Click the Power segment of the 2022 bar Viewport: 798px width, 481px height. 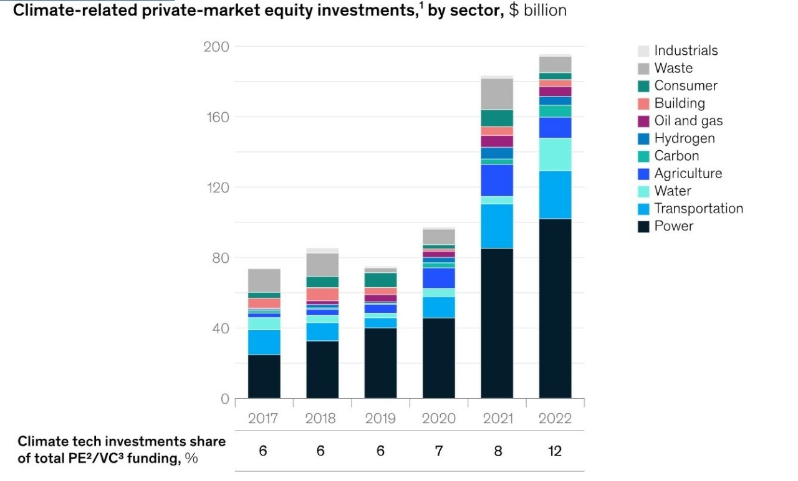pos(555,308)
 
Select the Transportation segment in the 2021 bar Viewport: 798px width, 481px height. pos(497,226)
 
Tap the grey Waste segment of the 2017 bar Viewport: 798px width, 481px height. pos(264,280)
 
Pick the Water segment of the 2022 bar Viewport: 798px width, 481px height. pos(555,155)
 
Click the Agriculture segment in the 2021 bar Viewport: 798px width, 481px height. pos(497,180)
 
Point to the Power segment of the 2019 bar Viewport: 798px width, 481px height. pos(380,363)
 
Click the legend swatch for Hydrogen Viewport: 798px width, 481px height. pos(643,139)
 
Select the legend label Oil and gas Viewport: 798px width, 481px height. pos(688,121)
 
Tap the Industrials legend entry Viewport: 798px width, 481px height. pos(686,50)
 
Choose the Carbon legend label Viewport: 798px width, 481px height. pos(676,156)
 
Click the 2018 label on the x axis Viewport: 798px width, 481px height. pos(321,418)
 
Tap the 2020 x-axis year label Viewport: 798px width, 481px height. pos(438,418)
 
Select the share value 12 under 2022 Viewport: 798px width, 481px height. pos(554,450)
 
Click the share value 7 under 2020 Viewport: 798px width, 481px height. pos(438,450)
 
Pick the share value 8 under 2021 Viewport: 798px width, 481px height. pos(497,450)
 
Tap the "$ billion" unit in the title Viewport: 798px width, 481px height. pos(537,11)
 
